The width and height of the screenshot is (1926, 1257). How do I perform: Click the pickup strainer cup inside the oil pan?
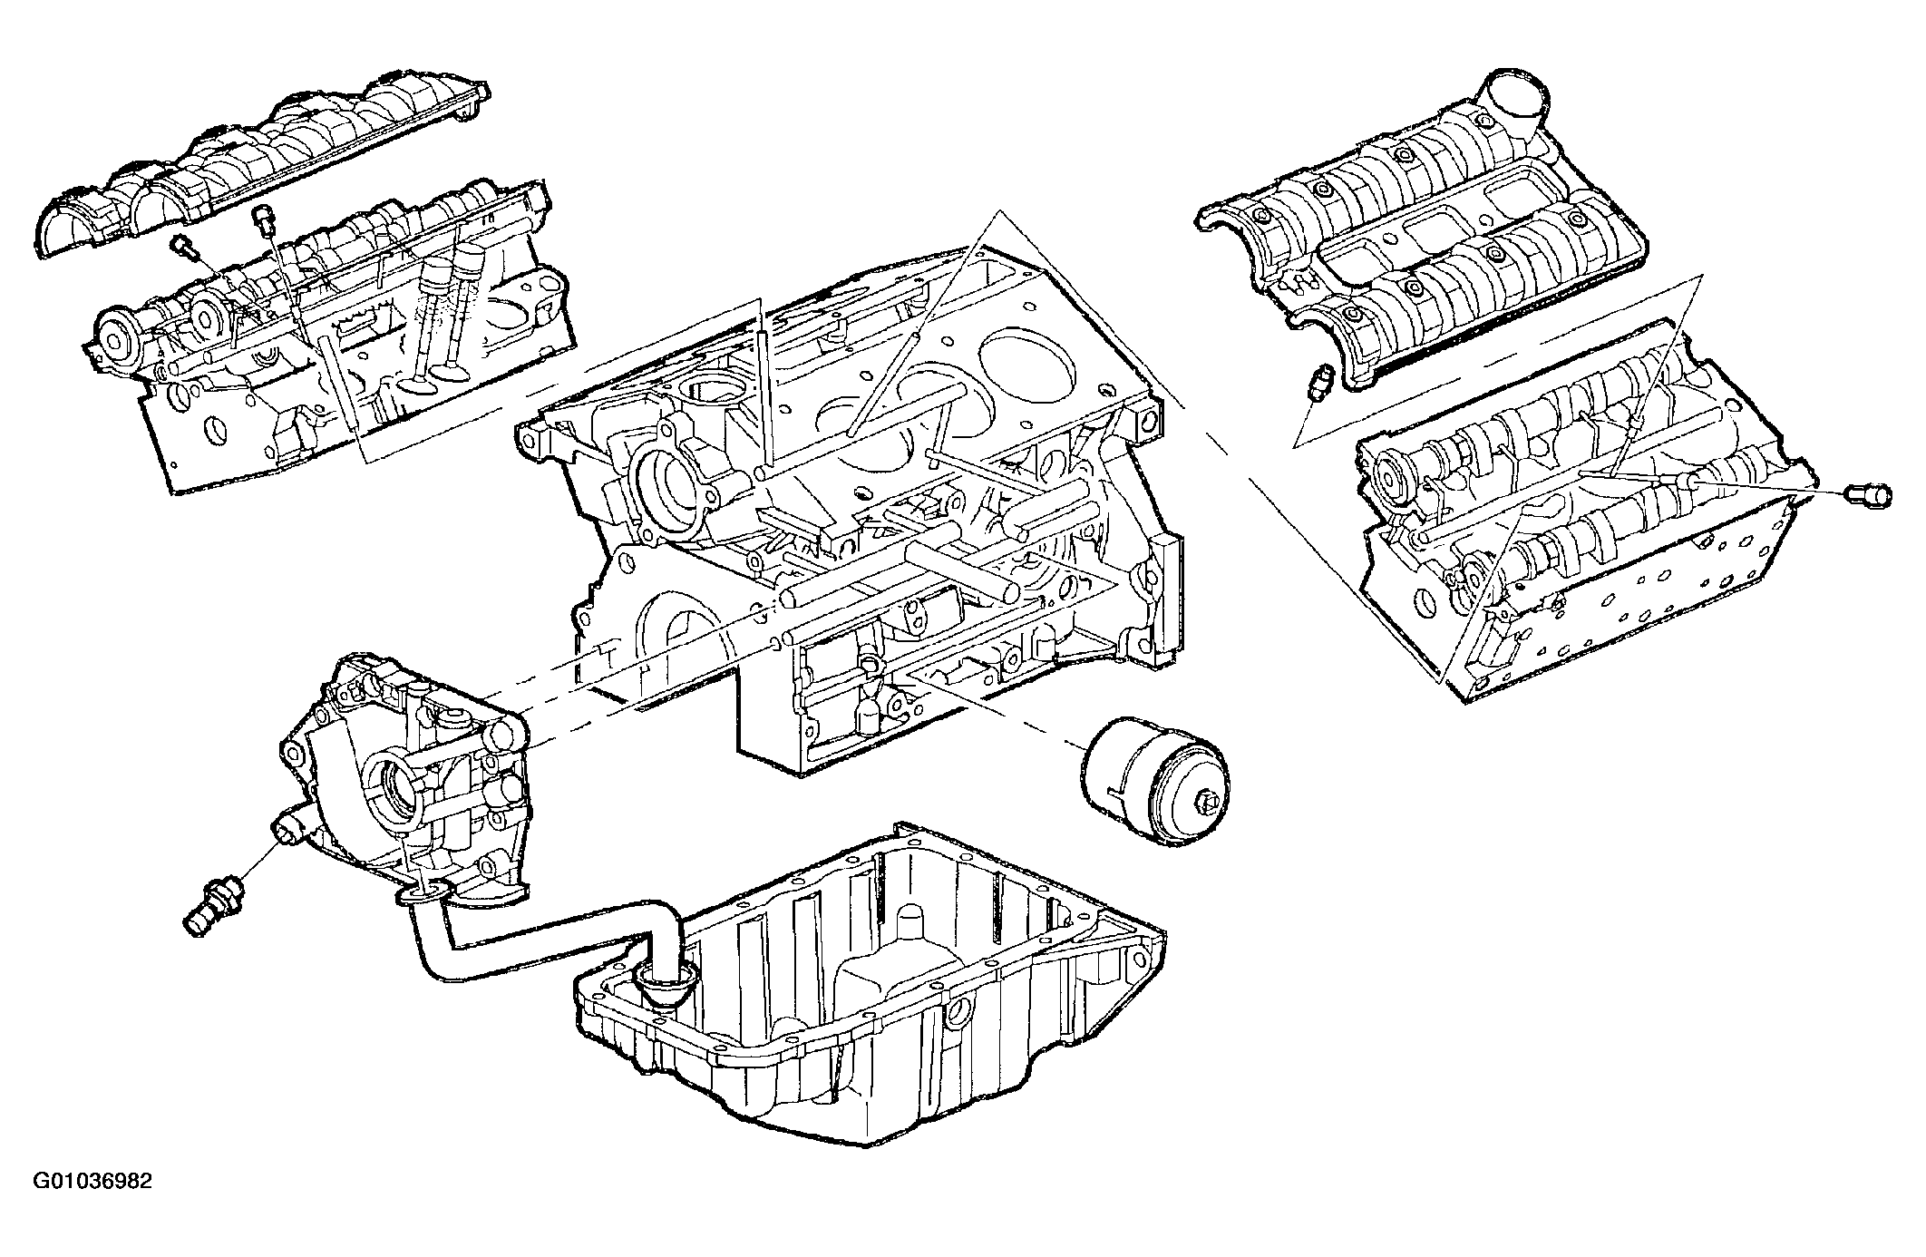(666, 982)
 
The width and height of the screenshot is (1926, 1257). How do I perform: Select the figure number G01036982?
(92, 1207)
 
